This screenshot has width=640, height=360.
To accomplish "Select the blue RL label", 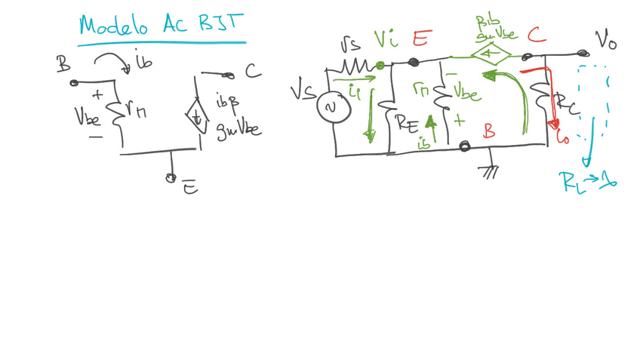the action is point(574,180).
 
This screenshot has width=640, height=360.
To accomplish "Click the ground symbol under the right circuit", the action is point(491,172).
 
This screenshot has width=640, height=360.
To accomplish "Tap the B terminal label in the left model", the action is point(63,67).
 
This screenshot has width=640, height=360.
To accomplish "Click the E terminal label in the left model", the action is point(190,187).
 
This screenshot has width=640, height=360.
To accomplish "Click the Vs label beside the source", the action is point(303,92).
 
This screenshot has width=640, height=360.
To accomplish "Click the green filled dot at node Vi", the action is point(380,66).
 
